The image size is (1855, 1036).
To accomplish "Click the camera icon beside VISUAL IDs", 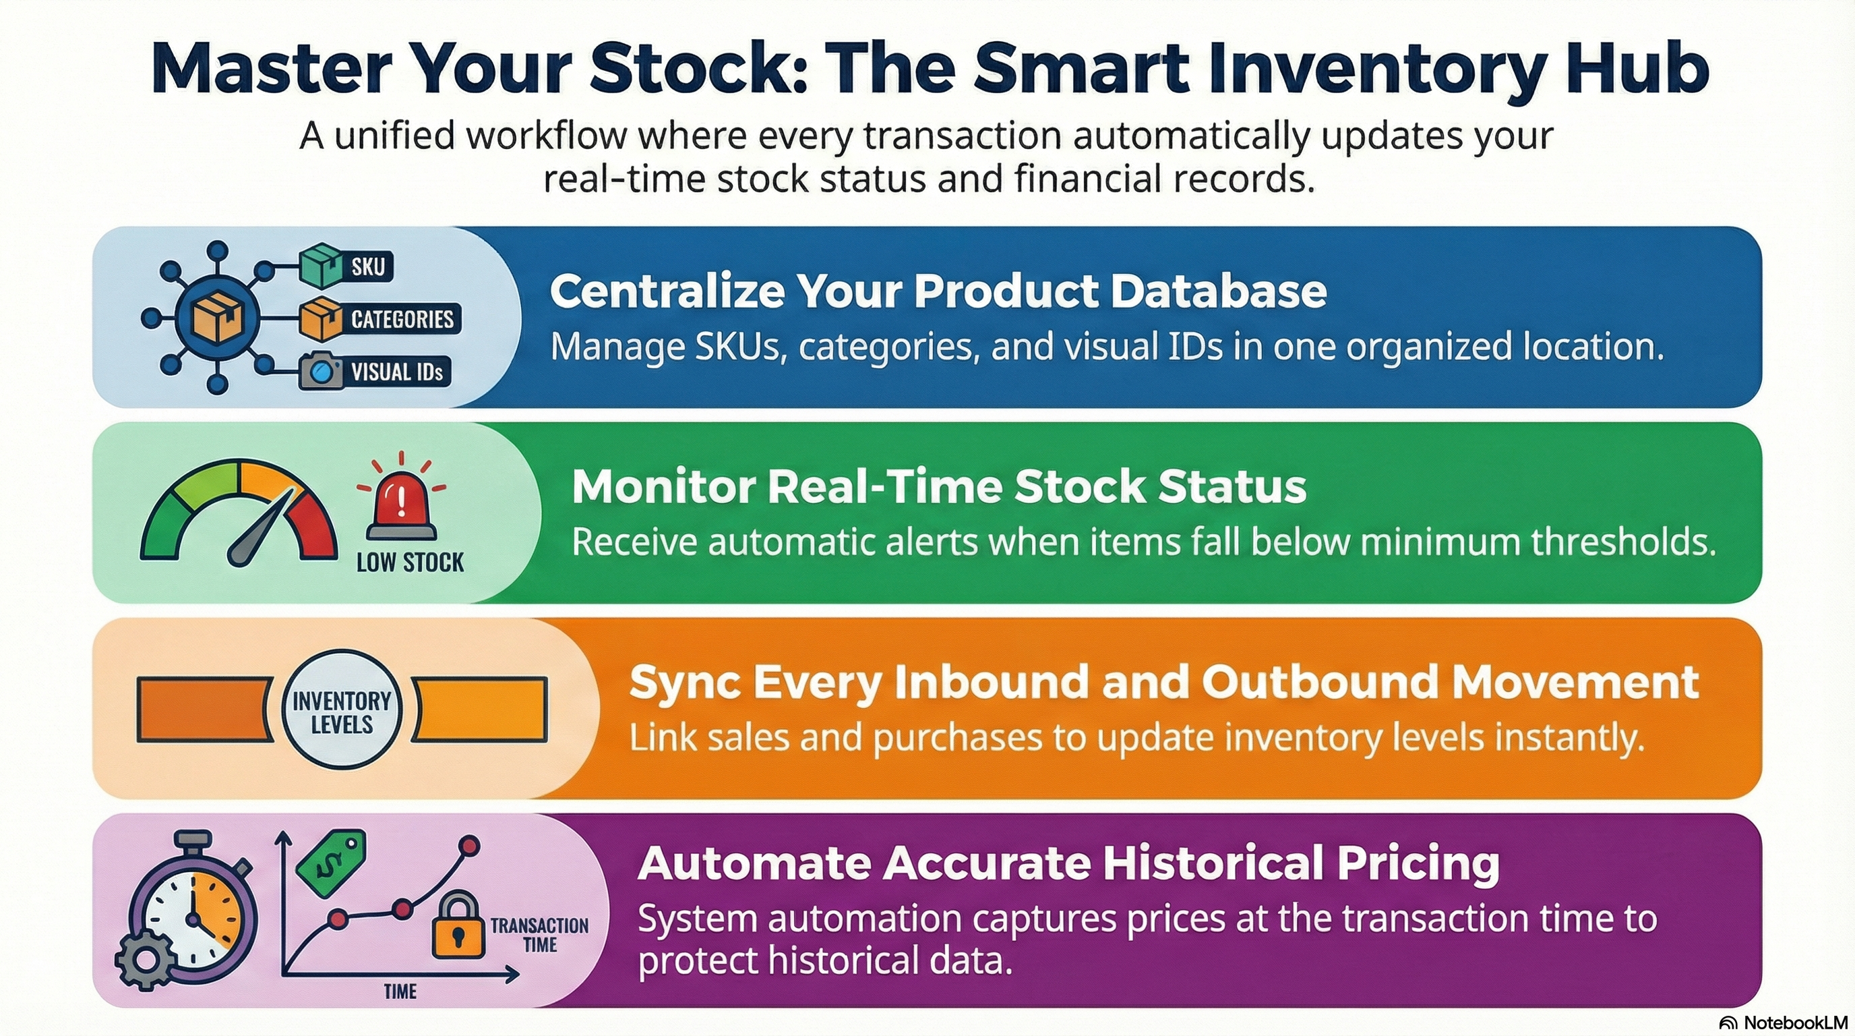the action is pos(320,371).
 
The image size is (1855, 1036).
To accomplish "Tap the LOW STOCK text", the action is pos(410,562).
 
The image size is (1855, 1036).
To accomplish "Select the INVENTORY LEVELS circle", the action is pos(341,711).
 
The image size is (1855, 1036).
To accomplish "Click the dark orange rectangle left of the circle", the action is pos(205,710).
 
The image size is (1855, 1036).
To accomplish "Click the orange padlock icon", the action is pos(458,926).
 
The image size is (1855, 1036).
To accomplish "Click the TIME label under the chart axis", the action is pos(400,991).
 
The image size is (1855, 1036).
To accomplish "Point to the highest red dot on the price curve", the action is pos(470,845).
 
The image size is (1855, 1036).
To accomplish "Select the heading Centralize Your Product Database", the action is pos(938,291).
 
